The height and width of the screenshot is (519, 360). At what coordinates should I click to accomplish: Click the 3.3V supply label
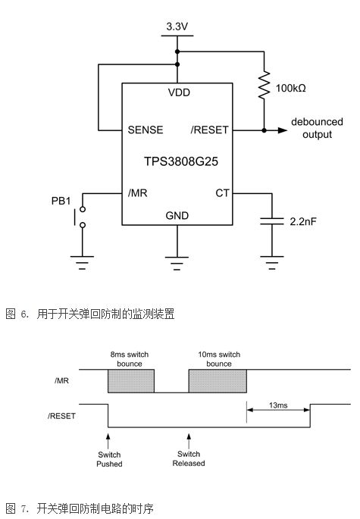[x=177, y=27]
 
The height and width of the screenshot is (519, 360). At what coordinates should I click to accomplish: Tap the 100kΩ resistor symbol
[x=264, y=85]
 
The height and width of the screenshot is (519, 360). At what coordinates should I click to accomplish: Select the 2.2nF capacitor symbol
[x=272, y=221]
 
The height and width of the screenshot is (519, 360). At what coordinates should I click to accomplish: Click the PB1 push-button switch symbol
[x=80, y=217]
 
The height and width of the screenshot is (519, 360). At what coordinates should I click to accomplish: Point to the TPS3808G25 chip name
[x=181, y=161]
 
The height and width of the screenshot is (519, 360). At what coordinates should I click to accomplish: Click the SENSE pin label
[x=146, y=130]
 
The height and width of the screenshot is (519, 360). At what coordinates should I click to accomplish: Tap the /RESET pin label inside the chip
[x=210, y=130]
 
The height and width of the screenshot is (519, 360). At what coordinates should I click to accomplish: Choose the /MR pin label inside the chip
[x=137, y=192]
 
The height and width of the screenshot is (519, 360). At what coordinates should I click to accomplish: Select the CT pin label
[x=222, y=193]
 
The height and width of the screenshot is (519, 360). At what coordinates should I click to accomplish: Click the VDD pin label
[x=179, y=92]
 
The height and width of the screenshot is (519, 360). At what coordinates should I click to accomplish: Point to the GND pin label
[x=177, y=216]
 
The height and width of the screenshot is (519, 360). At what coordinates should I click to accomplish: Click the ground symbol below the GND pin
[x=177, y=264]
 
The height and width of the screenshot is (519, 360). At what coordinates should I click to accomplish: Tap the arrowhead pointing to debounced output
[x=283, y=130]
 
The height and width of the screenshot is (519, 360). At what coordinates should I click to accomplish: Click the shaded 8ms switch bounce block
[x=131, y=381]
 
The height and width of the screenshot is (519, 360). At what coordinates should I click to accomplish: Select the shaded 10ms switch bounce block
[x=218, y=381]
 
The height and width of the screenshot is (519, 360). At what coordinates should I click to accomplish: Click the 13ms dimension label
[x=278, y=405]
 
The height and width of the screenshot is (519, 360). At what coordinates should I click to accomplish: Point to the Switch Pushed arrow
[x=108, y=440]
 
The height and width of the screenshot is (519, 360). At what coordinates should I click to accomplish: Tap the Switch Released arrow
[x=189, y=440]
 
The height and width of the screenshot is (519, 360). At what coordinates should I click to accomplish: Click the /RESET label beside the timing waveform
[x=61, y=416]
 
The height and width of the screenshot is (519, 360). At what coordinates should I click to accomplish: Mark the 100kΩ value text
[x=291, y=88]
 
